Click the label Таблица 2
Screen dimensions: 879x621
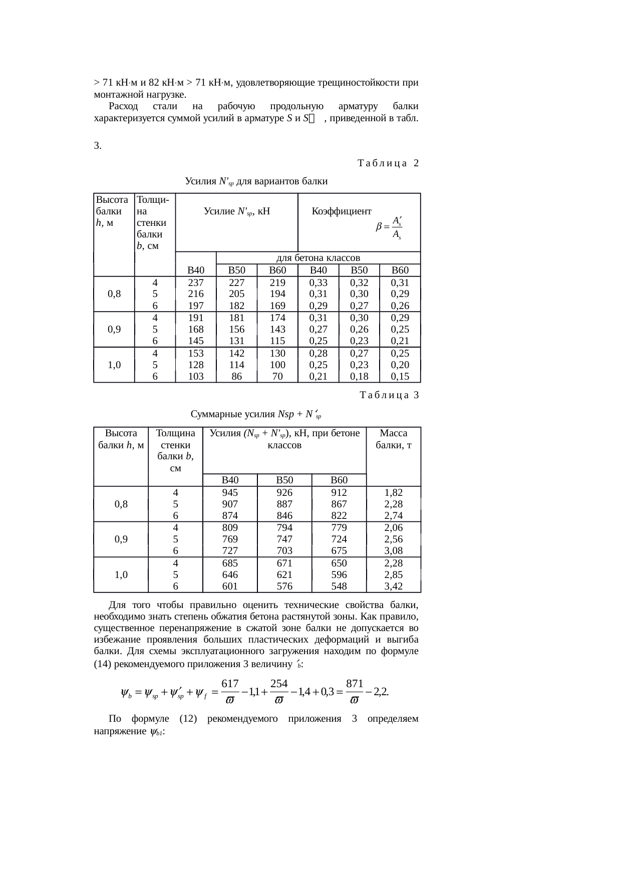[388, 163]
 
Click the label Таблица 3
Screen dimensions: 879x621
[389, 396]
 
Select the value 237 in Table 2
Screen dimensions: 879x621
[195, 283]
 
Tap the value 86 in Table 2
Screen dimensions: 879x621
[236, 376]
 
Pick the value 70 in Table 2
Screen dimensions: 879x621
[277, 376]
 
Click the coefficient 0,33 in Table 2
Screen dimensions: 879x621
[319, 283]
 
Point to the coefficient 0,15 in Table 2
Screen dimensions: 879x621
[400, 376]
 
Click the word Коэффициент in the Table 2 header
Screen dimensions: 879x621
[342, 211]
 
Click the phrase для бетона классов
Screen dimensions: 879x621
[319, 258]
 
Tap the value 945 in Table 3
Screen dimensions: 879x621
[230, 493]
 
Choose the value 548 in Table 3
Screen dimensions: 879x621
[339, 586]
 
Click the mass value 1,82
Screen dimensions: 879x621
[394, 493]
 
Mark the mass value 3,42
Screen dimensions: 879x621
[394, 586]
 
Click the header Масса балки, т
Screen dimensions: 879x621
[394, 439]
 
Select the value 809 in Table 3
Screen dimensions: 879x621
[230, 527]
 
